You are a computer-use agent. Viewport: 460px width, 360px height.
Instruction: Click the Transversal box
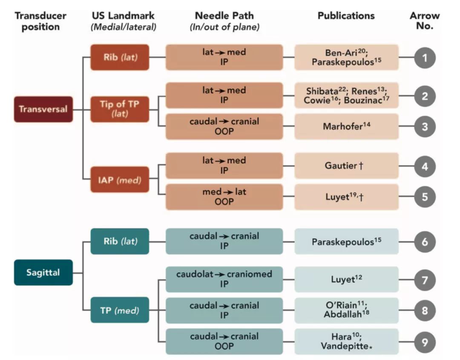click(43, 109)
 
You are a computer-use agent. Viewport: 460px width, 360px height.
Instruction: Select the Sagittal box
click(43, 272)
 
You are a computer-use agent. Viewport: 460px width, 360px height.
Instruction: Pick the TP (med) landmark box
click(120, 310)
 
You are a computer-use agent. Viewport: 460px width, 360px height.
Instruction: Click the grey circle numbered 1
click(425, 57)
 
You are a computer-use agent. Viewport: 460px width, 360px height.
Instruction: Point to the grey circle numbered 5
click(425, 197)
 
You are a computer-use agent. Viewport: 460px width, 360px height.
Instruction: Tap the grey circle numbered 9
click(425, 342)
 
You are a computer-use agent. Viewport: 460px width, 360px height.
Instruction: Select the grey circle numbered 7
click(425, 280)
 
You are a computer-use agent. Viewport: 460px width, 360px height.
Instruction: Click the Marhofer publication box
click(346, 127)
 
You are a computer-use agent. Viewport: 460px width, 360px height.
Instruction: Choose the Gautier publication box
click(346, 166)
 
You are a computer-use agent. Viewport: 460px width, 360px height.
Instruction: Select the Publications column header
click(346, 16)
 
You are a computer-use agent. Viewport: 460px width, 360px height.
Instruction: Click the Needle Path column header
click(224, 16)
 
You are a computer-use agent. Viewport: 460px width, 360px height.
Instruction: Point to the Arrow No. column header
click(425, 21)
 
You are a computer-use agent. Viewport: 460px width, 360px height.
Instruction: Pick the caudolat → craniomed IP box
click(224, 279)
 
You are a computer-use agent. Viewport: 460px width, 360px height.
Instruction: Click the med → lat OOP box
click(224, 197)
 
